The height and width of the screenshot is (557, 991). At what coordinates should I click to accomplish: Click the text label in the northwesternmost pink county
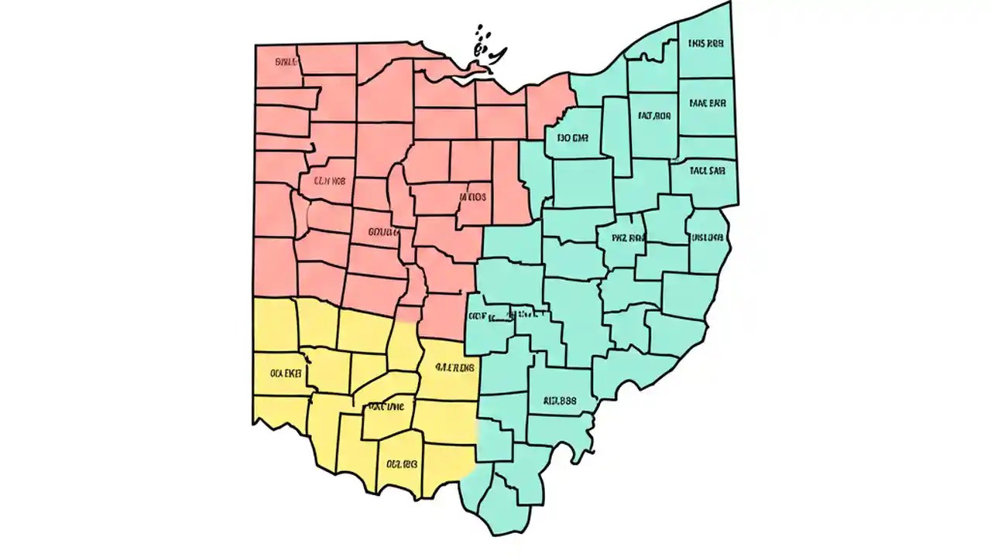pyautogui.click(x=286, y=61)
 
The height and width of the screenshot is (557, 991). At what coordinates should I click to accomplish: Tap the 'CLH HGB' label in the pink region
pyautogui.click(x=328, y=181)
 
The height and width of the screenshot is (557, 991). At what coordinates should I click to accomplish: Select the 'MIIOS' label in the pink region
pyautogui.click(x=473, y=196)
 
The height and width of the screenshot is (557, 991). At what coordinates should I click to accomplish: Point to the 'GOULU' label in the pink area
pyautogui.click(x=384, y=231)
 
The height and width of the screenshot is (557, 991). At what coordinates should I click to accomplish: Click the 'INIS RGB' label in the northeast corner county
pyautogui.click(x=705, y=44)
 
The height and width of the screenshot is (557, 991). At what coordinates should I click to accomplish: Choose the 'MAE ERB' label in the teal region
pyautogui.click(x=707, y=102)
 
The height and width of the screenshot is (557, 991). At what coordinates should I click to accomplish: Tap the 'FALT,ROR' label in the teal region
pyautogui.click(x=654, y=116)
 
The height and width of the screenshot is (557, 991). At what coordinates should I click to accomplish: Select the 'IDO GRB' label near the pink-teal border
pyautogui.click(x=572, y=138)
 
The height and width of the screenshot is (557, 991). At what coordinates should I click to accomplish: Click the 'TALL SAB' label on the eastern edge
pyautogui.click(x=708, y=170)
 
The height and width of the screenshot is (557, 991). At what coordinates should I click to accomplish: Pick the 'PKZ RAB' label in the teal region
pyautogui.click(x=628, y=238)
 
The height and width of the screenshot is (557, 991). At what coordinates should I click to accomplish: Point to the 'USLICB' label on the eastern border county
pyautogui.click(x=707, y=237)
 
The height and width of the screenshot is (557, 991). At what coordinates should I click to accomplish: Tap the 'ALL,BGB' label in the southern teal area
pyautogui.click(x=560, y=402)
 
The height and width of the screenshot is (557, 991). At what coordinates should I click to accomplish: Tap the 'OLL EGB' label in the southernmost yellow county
pyautogui.click(x=402, y=465)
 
